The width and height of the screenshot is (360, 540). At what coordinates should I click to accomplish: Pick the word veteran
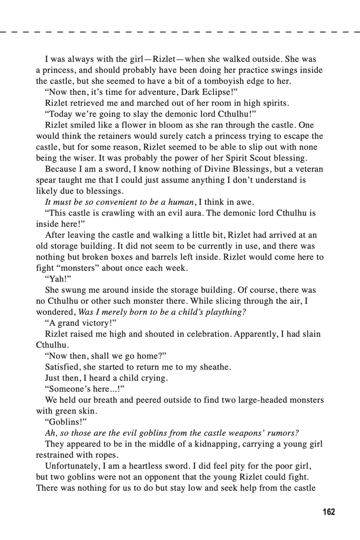[x=307, y=169]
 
